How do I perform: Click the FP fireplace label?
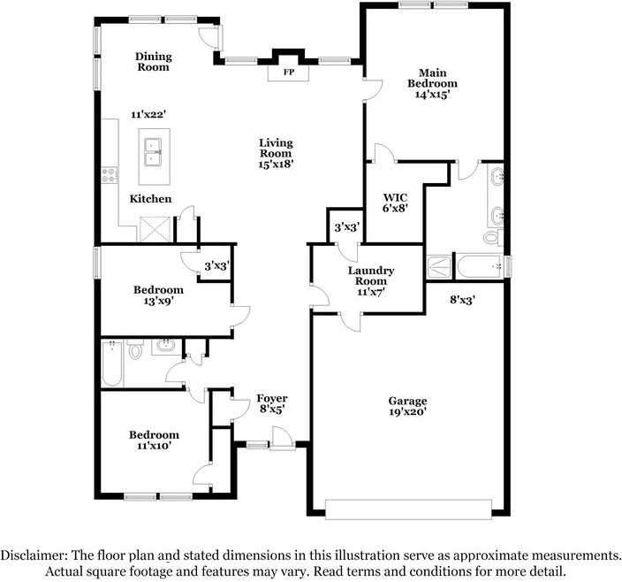[x=288, y=73]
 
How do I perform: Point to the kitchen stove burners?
[x=110, y=175]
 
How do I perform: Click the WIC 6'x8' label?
[x=395, y=203]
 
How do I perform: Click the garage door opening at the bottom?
[x=407, y=509]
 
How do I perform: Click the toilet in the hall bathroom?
[x=135, y=350]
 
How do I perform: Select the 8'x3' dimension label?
[x=462, y=300]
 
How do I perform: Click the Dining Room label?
[x=153, y=61]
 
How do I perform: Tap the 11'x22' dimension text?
[x=148, y=115]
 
